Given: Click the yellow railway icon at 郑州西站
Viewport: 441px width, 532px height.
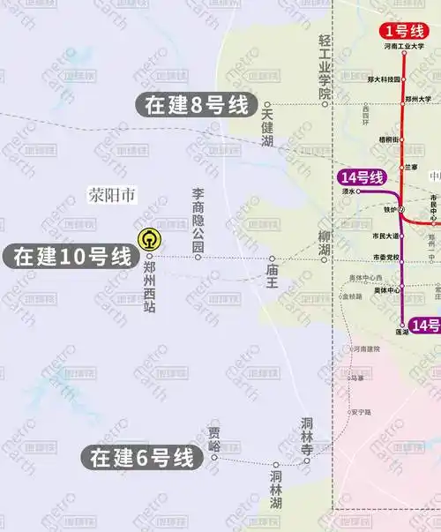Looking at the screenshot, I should coord(149,238).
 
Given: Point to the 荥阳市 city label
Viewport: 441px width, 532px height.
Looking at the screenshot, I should coord(112,194).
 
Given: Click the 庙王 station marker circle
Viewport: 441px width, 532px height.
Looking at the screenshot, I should coord(273,259).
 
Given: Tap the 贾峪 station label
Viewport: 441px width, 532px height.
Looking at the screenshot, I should coord(213,438).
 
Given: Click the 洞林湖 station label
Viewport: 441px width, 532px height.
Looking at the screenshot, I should coord(276,490).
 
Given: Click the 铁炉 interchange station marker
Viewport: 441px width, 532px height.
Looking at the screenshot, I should coord(401,209).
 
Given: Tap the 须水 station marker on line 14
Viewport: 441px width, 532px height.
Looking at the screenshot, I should coord(358,191).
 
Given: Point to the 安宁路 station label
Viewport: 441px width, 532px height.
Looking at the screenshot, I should coord(360,411).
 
